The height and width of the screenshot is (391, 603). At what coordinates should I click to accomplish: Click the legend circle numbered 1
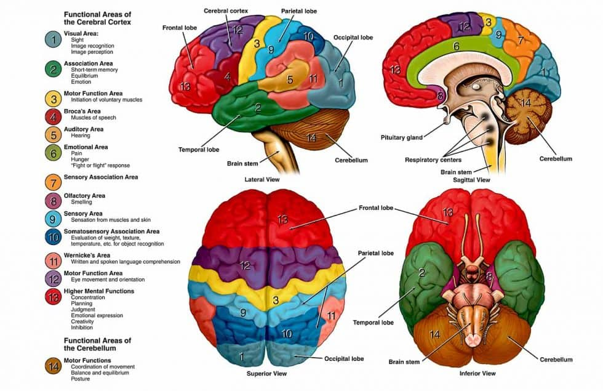click(53, 39)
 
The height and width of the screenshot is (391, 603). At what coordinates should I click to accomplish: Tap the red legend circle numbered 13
click(53, 297)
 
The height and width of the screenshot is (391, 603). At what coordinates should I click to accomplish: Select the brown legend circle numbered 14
click(53, 366)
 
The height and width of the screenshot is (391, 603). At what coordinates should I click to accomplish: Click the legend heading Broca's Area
click(82, 111)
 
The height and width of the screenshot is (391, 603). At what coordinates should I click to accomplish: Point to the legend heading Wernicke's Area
click(87, 255)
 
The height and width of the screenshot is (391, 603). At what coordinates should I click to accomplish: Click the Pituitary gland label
click(401, 137)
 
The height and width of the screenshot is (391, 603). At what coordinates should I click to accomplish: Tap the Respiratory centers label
click(433, 159)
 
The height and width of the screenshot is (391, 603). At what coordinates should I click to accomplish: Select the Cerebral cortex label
click(226, 11)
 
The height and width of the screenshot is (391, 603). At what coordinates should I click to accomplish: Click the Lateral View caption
click(262, 179)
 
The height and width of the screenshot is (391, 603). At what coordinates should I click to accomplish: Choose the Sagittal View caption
click(471, 180)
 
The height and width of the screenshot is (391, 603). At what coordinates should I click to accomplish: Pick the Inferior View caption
click(477, 373)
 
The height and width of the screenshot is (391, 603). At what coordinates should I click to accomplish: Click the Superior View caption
click(266, 373)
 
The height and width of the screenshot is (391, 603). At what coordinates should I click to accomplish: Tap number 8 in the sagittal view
click(441, 95)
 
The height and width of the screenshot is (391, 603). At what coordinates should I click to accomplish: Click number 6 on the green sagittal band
click(456, 46)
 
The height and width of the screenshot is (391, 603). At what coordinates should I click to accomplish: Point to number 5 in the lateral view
click(290, 79)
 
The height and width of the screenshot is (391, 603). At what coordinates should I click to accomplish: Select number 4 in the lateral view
click(228, 76)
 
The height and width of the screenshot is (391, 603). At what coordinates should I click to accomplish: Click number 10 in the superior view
click(287, 334)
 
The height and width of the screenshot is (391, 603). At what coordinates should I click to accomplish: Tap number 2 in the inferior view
click(422, 272)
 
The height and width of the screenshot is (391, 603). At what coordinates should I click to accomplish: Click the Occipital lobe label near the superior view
click(344, 358)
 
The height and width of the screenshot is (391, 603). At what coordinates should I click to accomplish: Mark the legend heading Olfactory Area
click(84, 196)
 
